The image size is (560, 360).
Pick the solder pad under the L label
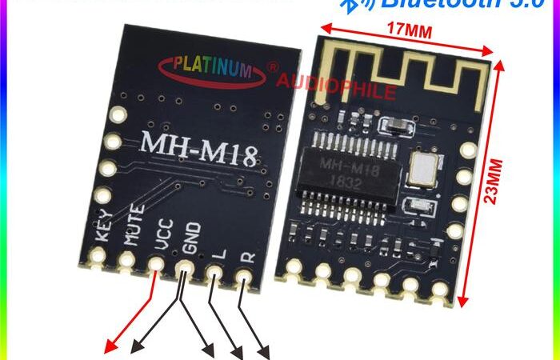(214, 273)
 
